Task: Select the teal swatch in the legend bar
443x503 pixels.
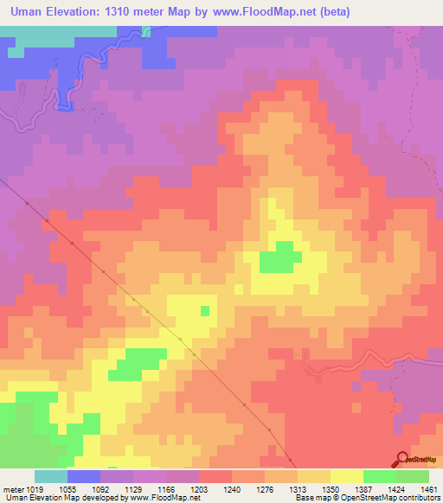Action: (51, 476)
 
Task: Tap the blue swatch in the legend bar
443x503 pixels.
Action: (84, 476)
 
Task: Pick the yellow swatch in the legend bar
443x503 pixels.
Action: (346, 476)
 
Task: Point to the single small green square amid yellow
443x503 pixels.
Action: (205, 310)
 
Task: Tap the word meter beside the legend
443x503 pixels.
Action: (12, 489)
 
